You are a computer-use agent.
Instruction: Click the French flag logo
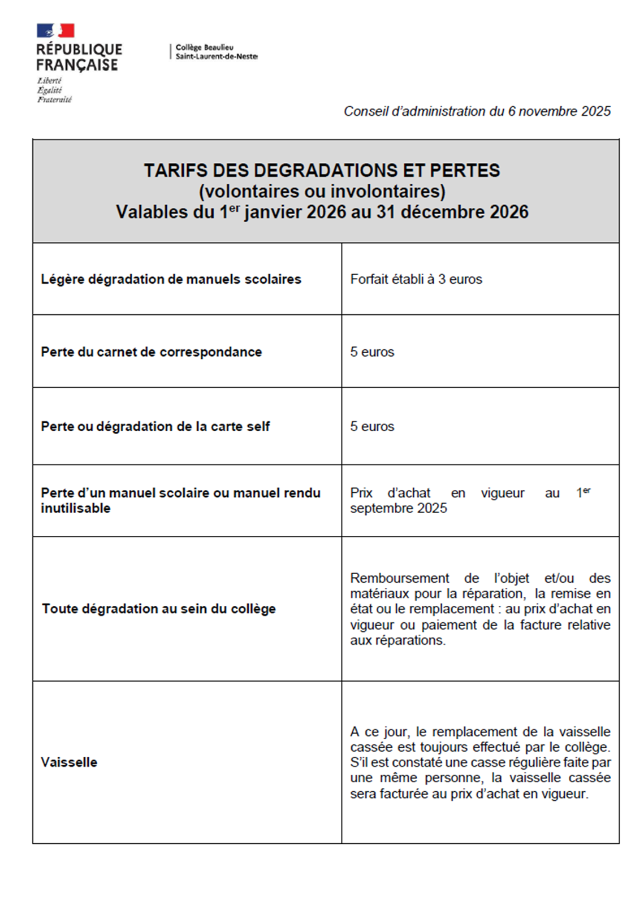tap(55, 31)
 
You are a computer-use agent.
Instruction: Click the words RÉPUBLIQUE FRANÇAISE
tap(79, 57)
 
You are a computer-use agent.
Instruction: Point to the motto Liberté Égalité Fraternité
tap(54, 90)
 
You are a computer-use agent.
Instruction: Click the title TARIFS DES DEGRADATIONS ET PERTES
tap(322, 170)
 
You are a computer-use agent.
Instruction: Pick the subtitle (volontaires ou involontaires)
tap(322, 191)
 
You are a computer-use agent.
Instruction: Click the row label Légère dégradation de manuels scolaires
tap(171, 279)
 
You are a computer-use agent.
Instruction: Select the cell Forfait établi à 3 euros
tap(416, 279)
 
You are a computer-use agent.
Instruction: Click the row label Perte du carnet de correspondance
tap(151, 352)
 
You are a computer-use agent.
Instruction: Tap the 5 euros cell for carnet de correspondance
tap(372, 352)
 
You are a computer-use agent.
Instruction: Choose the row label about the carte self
tap(155, 427)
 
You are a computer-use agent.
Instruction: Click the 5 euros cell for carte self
tap(372, 427)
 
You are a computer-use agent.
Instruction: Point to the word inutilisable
tap(76, 509)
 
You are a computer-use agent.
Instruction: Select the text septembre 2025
tap(398, 509)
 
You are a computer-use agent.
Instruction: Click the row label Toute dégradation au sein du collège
tap(158, 609)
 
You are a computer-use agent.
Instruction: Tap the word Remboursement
tap(399, 579)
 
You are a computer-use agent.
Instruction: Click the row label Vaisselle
tap(69, 762)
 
